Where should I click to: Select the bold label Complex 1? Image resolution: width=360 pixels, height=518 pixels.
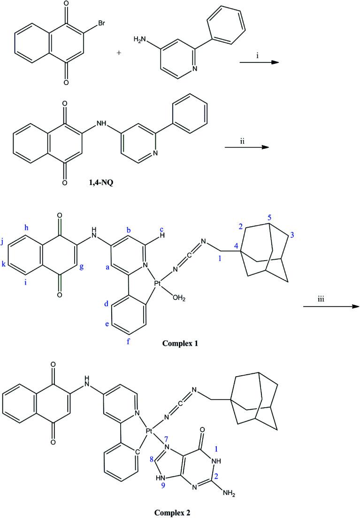pos(180,343)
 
